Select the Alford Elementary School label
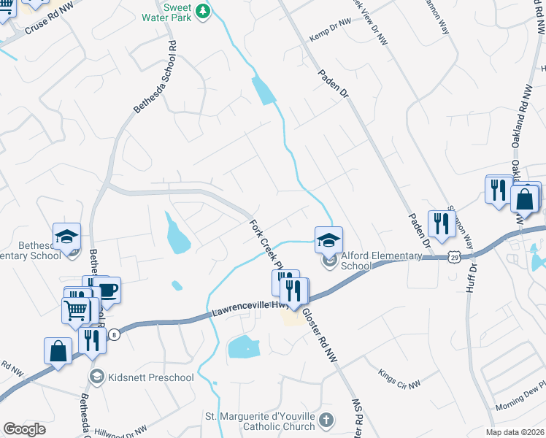[x=381, y=261]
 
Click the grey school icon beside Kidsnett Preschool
[x=96, y=377]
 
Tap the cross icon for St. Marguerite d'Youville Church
[x=326, y=420]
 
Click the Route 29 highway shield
[x=455, y=258]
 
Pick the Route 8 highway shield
[x=115, y=334]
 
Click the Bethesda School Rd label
[x=155, y=76]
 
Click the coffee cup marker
[x=107, y=291]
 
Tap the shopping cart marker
[x=76, y=311]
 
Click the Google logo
[x=24, y=429]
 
